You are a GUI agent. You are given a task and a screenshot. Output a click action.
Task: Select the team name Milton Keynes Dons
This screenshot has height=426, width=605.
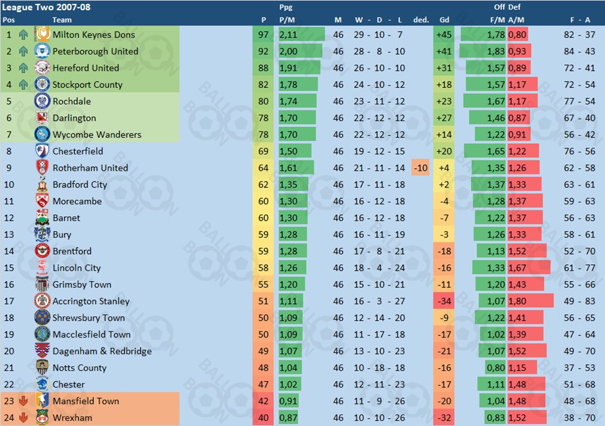coord(94,35)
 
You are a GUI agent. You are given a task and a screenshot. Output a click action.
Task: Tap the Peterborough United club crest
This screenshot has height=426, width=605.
coord(42,51)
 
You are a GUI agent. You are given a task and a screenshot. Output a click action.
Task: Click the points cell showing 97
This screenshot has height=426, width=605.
coord(264,35)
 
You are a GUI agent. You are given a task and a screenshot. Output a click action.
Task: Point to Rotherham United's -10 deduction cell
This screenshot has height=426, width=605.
coord(421,168)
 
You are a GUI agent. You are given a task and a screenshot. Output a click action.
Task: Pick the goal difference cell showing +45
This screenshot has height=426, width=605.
coord(443,35)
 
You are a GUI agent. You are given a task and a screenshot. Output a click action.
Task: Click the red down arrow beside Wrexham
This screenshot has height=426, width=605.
coord(24,418)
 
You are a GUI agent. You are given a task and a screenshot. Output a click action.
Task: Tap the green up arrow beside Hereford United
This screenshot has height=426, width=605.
coord(24,68)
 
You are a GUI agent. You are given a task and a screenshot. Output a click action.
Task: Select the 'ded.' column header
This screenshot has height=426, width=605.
coord(421,20)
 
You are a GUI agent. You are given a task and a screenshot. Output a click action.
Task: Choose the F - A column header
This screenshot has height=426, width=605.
coord(581,20)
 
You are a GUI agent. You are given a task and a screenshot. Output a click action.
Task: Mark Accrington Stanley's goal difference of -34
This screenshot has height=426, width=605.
coord(443,302)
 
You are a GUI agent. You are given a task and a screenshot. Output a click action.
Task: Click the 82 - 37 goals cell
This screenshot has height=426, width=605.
coord(581,35)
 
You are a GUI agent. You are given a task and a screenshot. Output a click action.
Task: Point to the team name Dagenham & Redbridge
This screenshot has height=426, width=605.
coord(102,352)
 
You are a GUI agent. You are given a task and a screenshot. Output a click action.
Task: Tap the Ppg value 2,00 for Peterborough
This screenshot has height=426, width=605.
coord(288,51)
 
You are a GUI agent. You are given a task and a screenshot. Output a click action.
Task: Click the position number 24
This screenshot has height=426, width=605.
coord(9,418)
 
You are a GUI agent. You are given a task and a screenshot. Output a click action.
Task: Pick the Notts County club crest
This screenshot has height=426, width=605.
coord(42,368)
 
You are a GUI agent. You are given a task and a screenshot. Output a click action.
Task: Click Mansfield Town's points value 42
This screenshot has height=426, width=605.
coord(264,402)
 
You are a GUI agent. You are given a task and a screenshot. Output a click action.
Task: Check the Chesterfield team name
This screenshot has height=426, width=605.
coord(78,151)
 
